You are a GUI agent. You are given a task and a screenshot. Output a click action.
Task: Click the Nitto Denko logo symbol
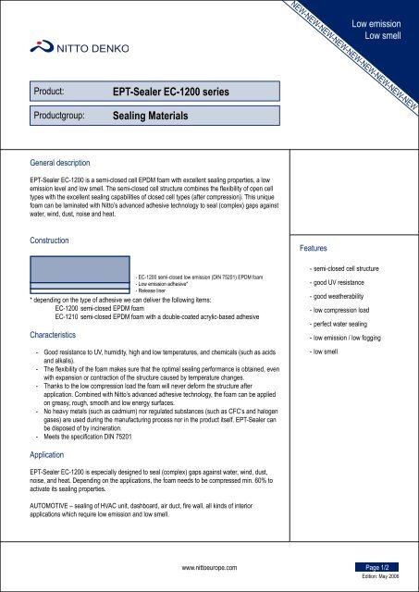click(x=38, y=45)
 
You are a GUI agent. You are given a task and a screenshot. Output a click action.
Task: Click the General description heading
click(x=67, y=158)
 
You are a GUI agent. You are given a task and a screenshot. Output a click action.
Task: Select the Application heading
click(x=52, y=455)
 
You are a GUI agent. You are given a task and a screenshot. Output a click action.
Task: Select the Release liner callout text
click(x=155, y=290)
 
